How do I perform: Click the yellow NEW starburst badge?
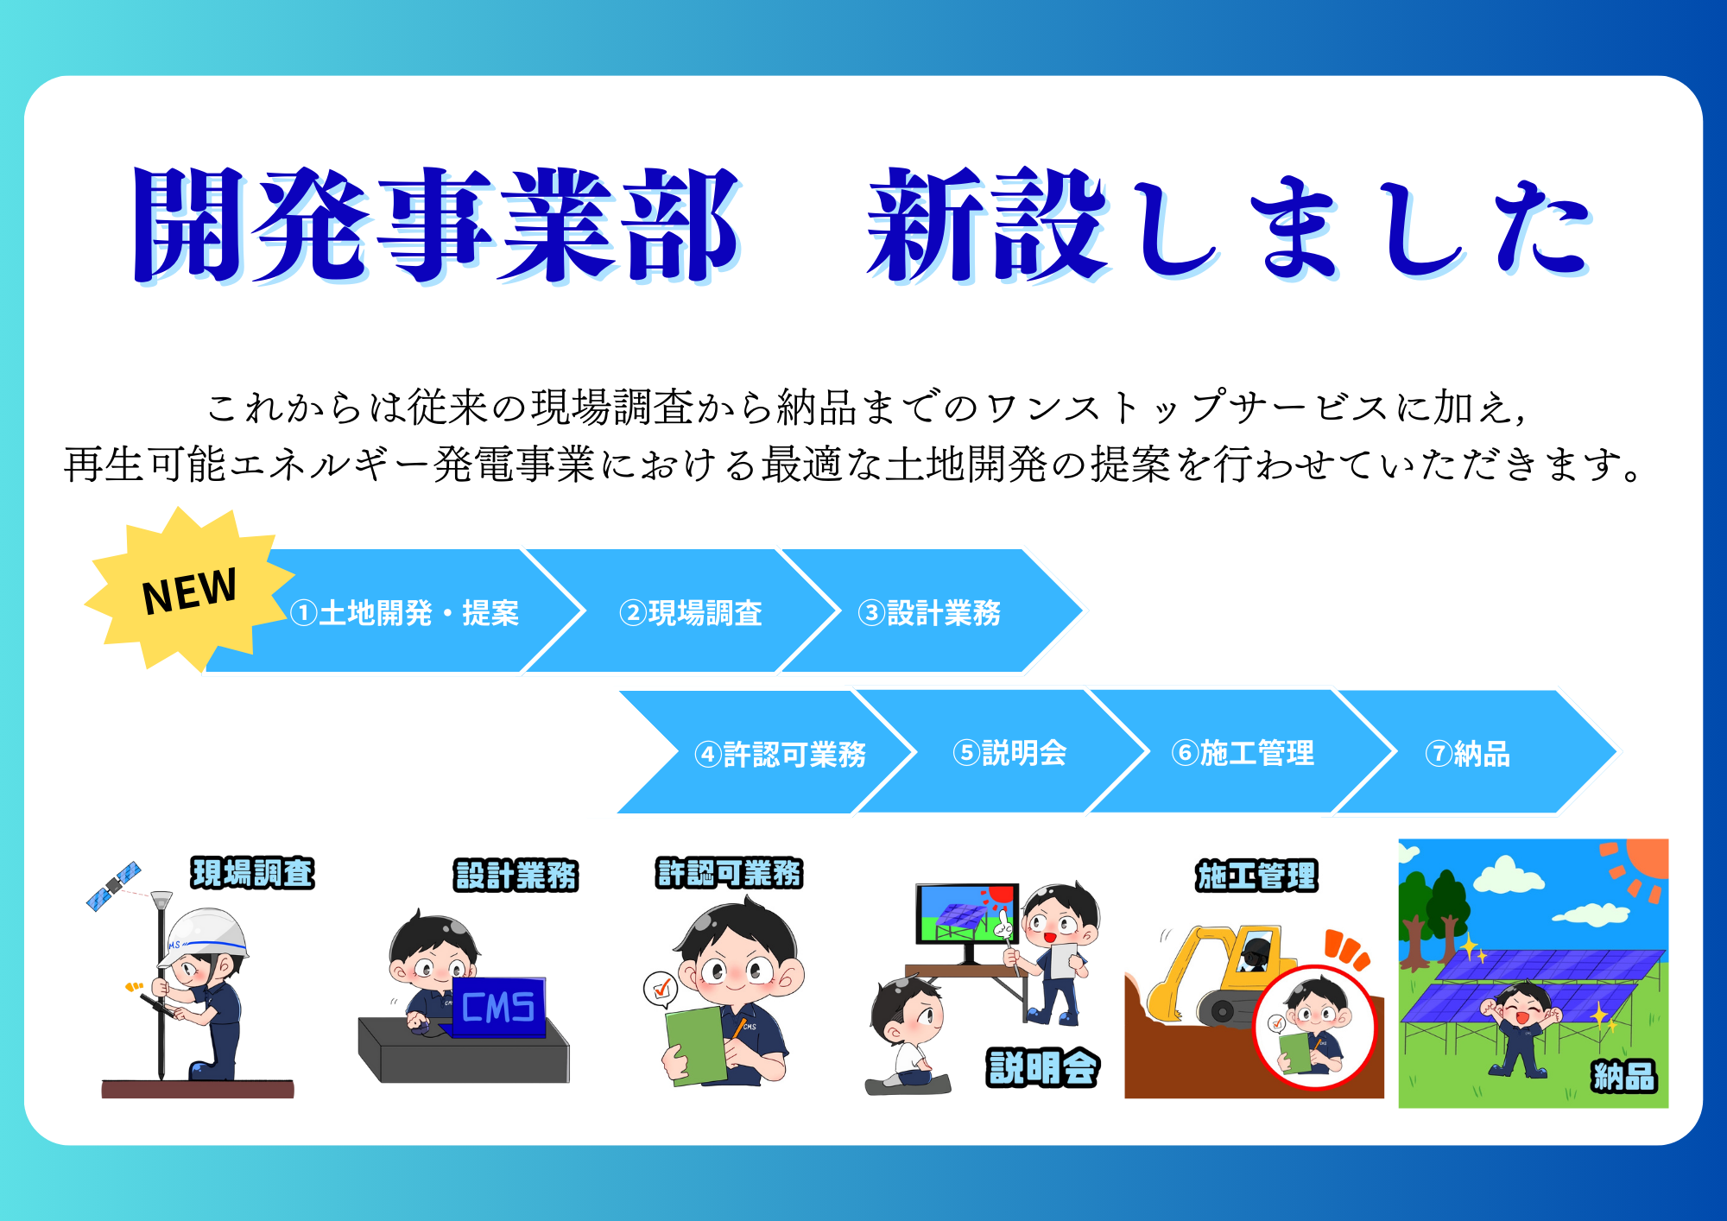pos(188,591)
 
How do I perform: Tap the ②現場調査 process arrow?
pos(682,610)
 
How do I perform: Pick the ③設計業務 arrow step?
pos(933,610)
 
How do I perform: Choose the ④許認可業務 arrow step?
pos(769,752)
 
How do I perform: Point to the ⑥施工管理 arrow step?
pos(1243,752)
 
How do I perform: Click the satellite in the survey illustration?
pos(113,885)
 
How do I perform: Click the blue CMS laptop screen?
pos(498,1006)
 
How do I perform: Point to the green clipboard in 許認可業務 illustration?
pos(696,1045)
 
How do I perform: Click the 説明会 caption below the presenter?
pos(1043,1067)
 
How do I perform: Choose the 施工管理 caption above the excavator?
pos(1256,876)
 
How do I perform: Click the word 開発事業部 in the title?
pos(436,225)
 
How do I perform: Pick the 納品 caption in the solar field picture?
pos(1624,1076)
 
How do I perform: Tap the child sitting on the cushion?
pos(907,1032)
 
